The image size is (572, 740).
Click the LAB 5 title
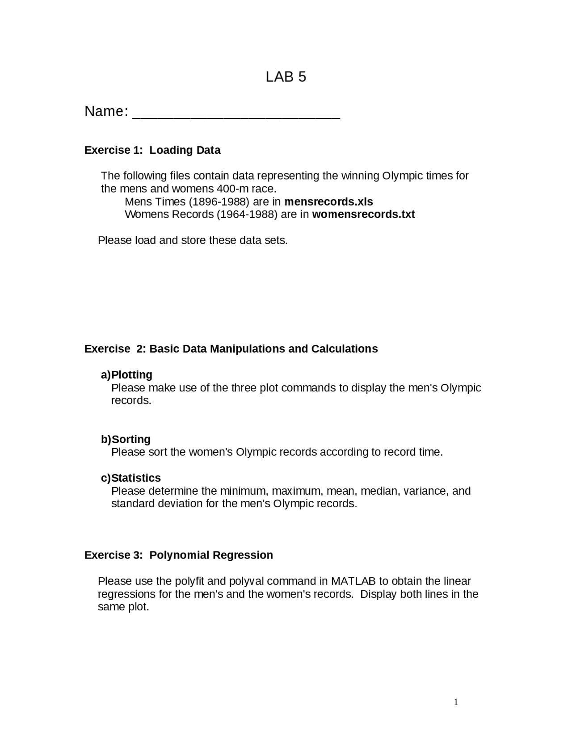(x=286, y=77)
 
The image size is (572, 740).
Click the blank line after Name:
(x=236, y=114)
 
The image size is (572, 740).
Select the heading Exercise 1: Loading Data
(x=152, y=150)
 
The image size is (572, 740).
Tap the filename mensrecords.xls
(x=328, y=202)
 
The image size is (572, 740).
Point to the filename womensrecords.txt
(x=363, y=214)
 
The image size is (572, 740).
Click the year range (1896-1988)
(x=219, y=202)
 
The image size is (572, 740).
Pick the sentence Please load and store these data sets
(x=193, y=240)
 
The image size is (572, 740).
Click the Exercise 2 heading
(x=231, y=349)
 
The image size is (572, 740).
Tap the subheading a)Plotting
(x=126, y=375)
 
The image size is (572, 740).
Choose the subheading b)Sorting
(x=126, y=439)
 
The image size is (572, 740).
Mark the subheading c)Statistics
(x=131, y=478)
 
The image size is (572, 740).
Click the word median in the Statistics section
(x=379, y=491)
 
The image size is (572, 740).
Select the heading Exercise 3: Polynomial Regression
(x=179, y=555)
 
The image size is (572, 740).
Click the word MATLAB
(x=353, y=581)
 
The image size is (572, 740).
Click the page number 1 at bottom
(x=456, y=702)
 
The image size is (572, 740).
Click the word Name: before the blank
(x=106, y=112)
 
